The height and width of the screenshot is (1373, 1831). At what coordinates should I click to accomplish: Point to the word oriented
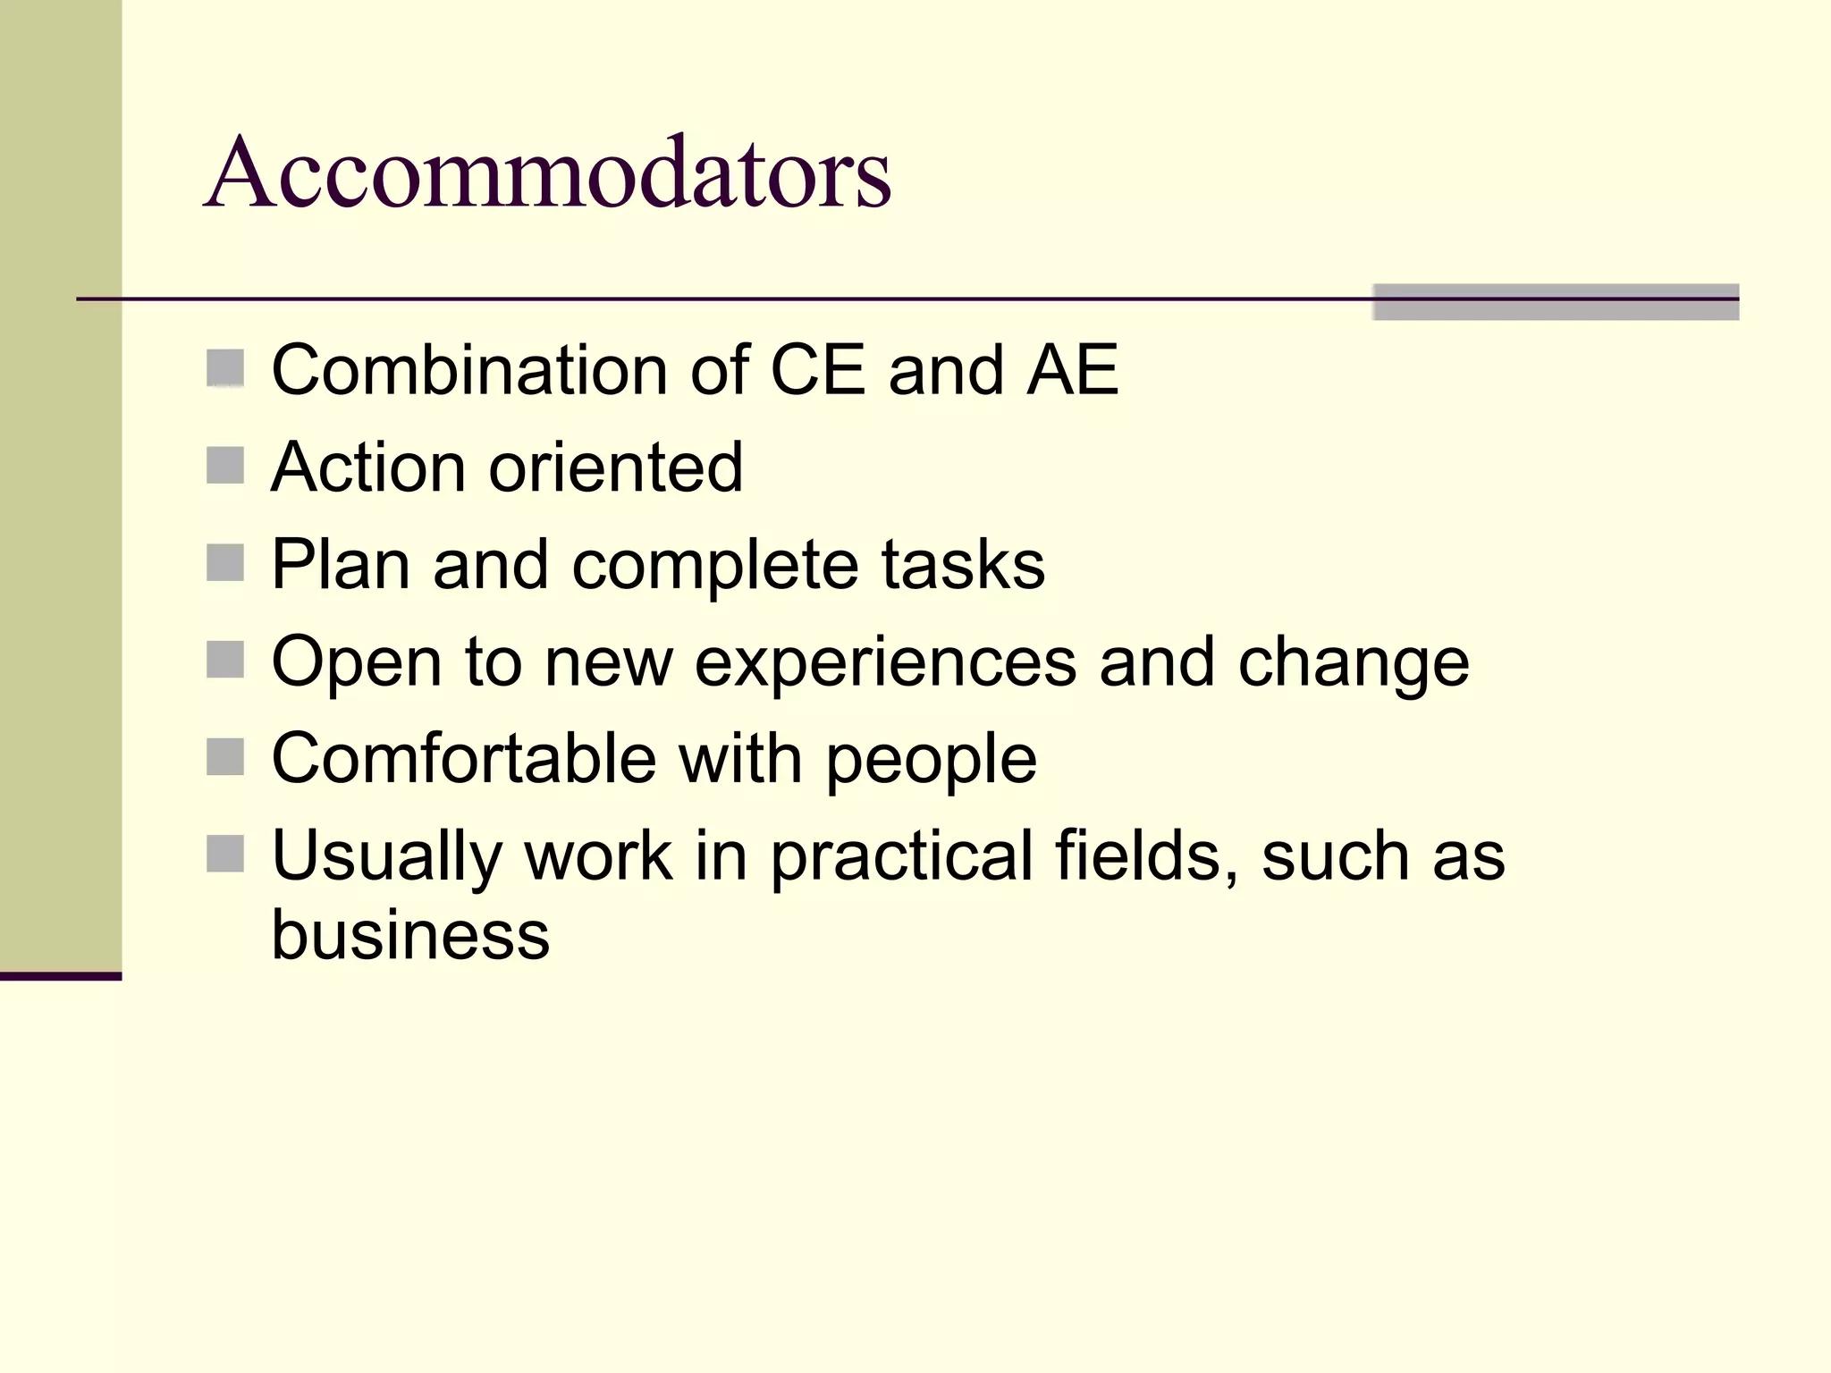click(615, 467)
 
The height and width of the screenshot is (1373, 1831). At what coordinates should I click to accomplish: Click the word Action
click(368, 467)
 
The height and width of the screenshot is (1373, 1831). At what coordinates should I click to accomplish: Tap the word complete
click(715, 567)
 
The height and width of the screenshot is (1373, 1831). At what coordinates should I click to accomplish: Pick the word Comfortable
click(463, 759)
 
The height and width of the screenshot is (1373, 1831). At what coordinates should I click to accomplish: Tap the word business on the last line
click(410, 935)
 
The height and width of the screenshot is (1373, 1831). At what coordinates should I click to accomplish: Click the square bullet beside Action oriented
click(225, 466)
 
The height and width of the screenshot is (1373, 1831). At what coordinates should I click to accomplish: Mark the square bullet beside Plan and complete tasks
click(225, 563)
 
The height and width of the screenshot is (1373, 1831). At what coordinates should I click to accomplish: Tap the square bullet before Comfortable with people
click(225, 757)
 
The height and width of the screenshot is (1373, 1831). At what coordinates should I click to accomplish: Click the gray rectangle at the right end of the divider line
click(1555, 302)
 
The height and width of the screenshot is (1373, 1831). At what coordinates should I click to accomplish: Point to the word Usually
click(386, 857)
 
